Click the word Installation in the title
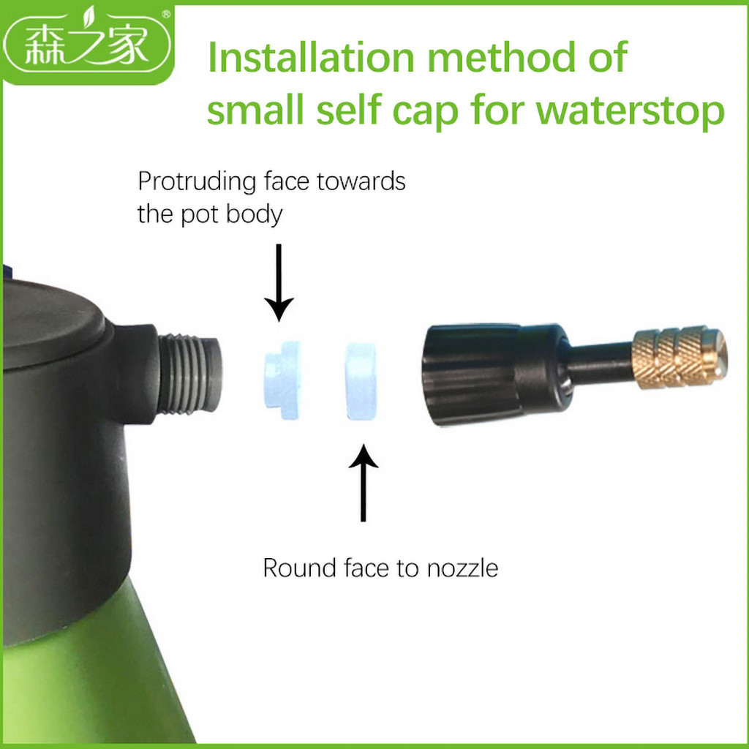click(311, 57)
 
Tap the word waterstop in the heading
click(630, 110)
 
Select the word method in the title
click(499, 57)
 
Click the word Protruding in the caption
click(197, 182)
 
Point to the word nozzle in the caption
click(462, 568)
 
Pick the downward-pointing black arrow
click(279, 282)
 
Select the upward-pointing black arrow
click(364, 483)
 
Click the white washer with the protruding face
click(282, 380)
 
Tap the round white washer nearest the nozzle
click(361, 380)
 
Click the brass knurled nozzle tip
click(680, 357)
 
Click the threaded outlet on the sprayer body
click(190, 374)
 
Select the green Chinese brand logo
click(87, 45)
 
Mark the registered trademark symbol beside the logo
click(166, 14)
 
